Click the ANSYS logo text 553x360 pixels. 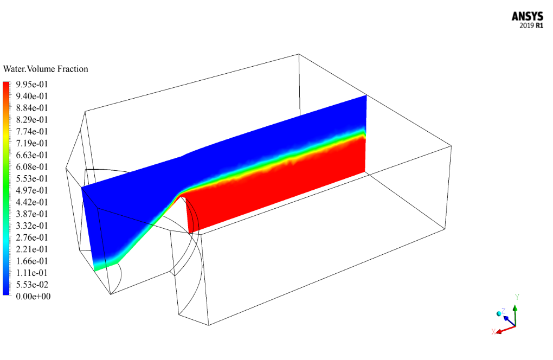click(528, 17)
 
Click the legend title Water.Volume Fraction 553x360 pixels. click(46, 69)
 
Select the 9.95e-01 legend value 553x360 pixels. click(32, 84)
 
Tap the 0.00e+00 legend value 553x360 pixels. click(33, 296)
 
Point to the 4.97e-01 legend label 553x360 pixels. click(32, 190)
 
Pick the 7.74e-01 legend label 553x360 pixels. click(32, 132)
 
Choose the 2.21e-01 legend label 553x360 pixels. click(32, 249)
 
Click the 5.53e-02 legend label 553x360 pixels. click(32, 285)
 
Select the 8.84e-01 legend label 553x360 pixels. click(32, 108)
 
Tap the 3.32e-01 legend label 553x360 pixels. click(32, 226)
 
